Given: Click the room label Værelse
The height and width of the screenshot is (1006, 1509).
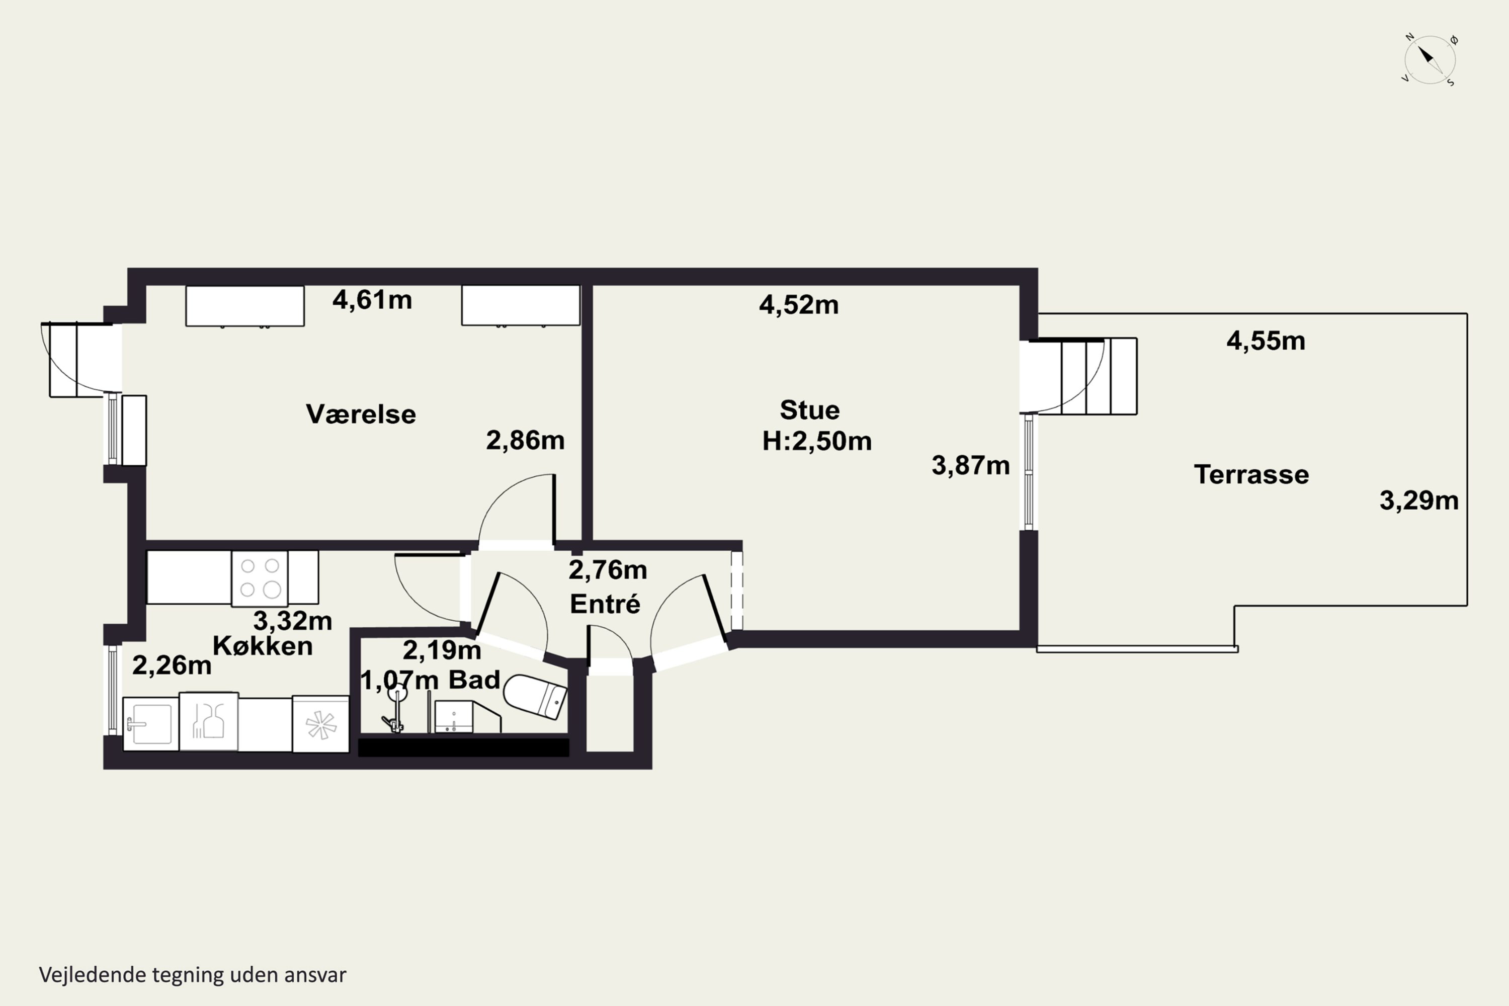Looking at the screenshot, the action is [x=361, y=414].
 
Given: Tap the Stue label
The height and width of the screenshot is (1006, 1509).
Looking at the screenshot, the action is [x=810, y=410].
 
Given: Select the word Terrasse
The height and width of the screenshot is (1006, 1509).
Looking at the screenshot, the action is [x=1251, y=475].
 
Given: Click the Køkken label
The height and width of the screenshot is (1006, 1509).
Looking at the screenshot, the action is [x=263, y=645].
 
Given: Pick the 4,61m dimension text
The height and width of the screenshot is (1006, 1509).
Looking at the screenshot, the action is [x=372, y=300].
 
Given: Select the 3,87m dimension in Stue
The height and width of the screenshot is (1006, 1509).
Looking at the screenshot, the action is [x=971, y=466].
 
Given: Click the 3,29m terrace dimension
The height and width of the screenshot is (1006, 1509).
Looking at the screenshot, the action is [x=1419, y=500].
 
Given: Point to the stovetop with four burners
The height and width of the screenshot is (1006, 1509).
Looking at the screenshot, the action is [x=259, y=578].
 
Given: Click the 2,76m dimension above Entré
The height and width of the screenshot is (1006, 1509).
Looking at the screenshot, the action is [x=608, y=570].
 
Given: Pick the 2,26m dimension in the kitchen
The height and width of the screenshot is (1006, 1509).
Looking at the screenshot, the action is [x=172, y=665].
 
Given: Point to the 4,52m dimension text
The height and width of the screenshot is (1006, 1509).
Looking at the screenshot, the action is [x=799, y=305].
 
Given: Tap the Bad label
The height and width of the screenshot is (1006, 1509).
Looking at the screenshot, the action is [x=474, y=680].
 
